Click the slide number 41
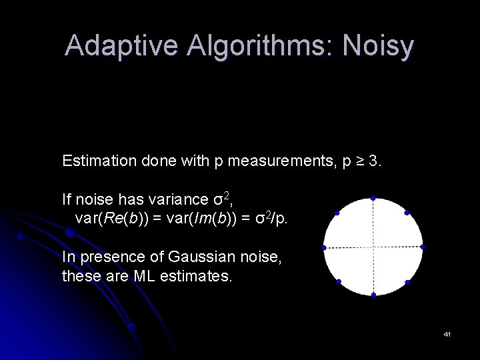447,333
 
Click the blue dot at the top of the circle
373,198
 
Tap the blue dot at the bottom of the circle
373,295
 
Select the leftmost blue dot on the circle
324,248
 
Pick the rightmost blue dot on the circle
423,247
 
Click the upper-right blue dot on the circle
407,213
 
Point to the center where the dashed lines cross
373,247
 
